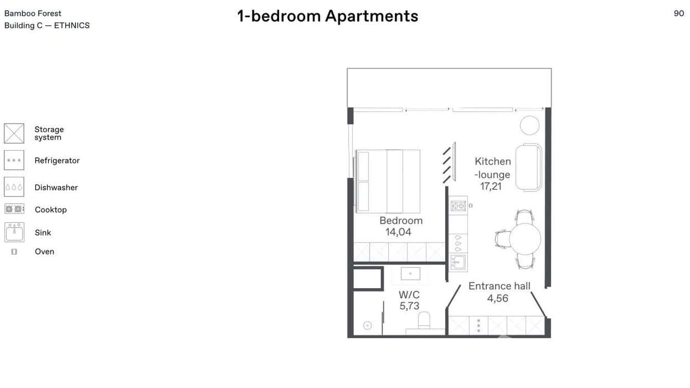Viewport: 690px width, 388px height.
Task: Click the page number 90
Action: [x=679, y=13]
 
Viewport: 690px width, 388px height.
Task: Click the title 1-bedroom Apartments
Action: [x=328, y=16]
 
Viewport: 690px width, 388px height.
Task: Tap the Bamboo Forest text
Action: [x=33, y=13]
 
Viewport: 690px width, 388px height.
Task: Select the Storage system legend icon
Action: [x=14, y=133]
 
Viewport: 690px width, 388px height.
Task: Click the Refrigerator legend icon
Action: [x=14, y=160]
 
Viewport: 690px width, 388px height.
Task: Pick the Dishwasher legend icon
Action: [x=14, y=187]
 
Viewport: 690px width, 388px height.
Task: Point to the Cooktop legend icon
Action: [x=14, y=209]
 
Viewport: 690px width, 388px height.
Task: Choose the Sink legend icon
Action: [x=14, y=232]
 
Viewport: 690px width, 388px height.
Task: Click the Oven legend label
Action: [x=44, y=252]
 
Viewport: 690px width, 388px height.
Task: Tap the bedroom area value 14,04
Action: [x=398, y=232]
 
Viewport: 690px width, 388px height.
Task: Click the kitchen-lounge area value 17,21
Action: [x=491, y=186]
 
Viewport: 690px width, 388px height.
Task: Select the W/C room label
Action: [x=409, y=295]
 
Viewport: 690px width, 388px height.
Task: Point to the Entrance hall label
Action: [x=499, y=286]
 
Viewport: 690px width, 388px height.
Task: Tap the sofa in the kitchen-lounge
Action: [x=529, y=167]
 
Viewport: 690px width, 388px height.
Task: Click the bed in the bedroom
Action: [x=388, y=181]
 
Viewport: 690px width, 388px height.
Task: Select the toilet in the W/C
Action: [x=424, y=321]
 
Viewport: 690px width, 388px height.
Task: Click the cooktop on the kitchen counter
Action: [x=458, y=206]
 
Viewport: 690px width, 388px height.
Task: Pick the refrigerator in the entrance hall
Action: [x=479, y=326]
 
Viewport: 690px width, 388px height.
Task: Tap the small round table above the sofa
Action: [x=530, y=125]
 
